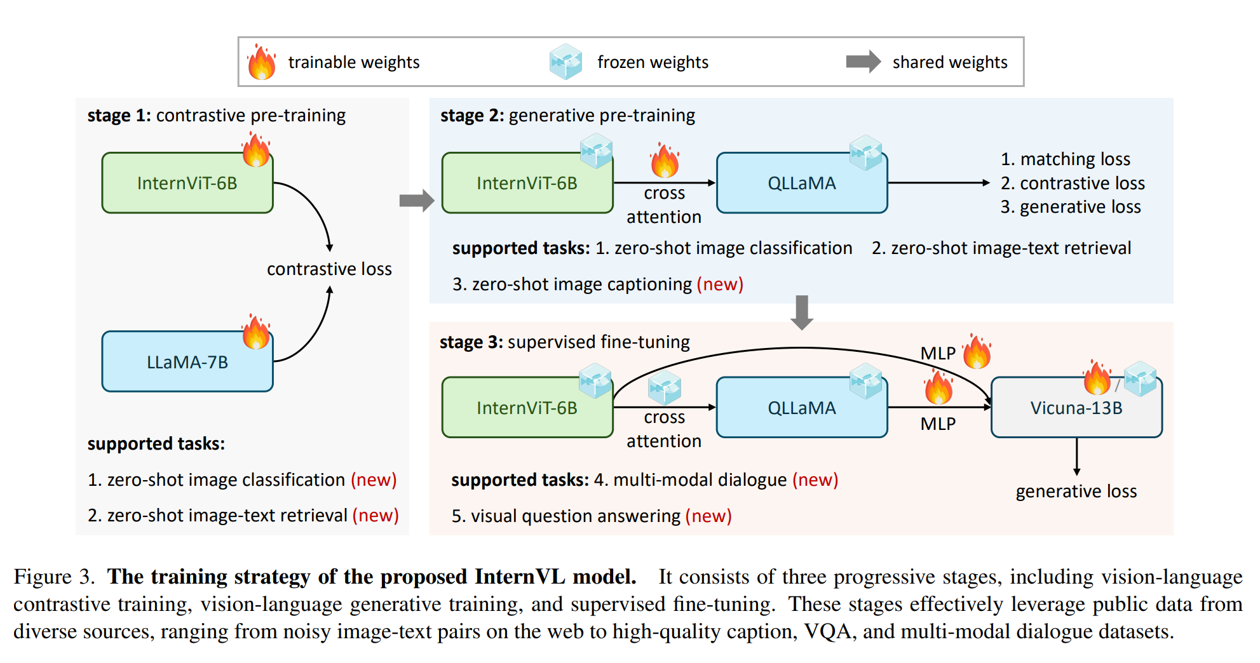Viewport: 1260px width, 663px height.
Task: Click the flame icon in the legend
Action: point(261,62)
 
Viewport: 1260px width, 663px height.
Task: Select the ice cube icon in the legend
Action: point(566,62)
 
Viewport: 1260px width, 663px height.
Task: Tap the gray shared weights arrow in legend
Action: point(863,62)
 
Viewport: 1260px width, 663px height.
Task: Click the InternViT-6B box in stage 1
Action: point(187,183)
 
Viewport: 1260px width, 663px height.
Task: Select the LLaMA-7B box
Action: point(187,362)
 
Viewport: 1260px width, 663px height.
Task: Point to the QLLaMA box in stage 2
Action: point(801,183)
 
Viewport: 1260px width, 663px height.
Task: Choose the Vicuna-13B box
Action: point(1076,408)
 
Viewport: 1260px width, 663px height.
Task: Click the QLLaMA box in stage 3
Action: point(801,408)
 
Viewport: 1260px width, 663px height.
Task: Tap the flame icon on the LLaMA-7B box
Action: point(256,331)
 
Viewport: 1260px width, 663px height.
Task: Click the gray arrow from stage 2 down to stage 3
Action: point(802,312)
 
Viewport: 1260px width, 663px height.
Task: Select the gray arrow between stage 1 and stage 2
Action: point(416,201)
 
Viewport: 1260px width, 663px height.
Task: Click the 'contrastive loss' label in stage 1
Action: point(329,269)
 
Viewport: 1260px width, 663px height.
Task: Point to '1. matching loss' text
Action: point(1065,159)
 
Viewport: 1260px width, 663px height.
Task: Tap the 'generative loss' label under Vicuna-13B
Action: point(1076,491)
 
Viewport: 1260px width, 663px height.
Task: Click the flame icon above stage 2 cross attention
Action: point(665,161)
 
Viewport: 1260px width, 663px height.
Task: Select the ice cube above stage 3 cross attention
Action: point(665,388)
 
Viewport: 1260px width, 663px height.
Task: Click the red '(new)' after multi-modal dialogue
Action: point(815,480)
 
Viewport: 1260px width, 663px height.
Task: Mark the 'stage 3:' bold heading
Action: point(471,342)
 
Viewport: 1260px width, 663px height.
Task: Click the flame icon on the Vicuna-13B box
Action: point(1097,378)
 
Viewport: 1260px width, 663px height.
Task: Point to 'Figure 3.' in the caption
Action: point(54,577)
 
